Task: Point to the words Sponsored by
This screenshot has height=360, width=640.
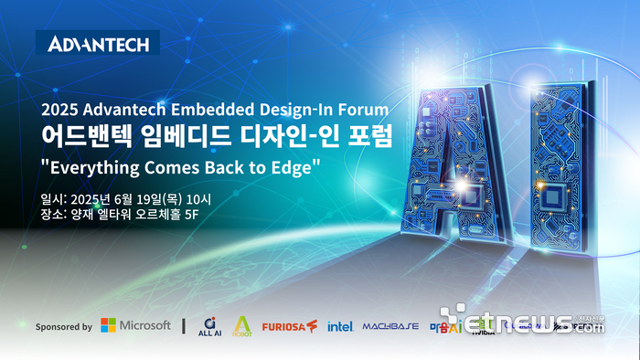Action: [x=63, y=326]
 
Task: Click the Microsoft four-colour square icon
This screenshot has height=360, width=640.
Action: [x=108, y=325]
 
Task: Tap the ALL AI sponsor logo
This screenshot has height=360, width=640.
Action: [x=210, y=326]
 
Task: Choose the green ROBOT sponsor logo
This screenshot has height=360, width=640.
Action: [x=242, y=326]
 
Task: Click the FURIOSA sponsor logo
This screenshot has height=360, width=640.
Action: [x=289, y=326]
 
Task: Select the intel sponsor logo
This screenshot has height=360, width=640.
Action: [x=340, y=326]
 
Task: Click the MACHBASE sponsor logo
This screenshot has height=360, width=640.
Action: [x=389, y=326]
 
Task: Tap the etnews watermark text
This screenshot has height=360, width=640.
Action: [x=530, y=324]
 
